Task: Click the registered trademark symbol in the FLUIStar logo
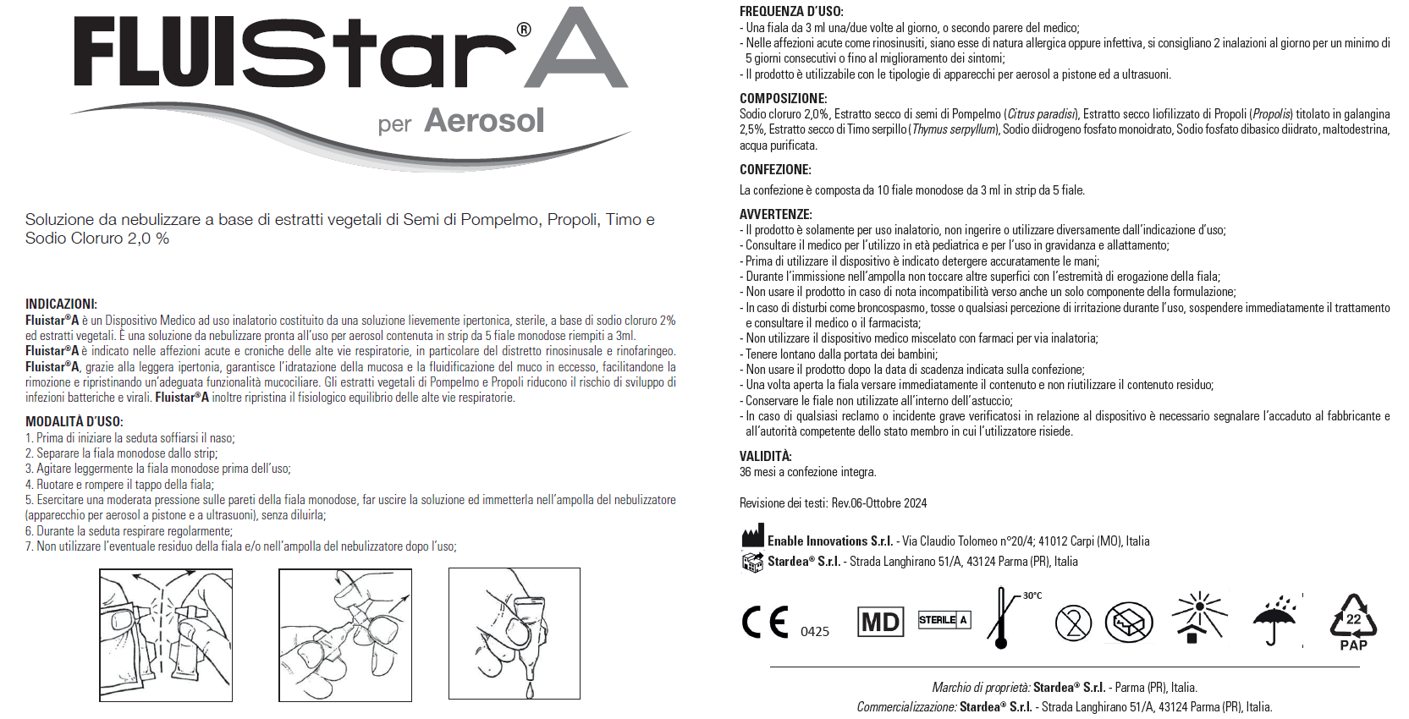pyautogui.click(x=524, y=30)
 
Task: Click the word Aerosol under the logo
pyautogui.click(x=484, y=121)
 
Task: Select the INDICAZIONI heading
pyautogui.click(x=61, y=305)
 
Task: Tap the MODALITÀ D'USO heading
pyautogui.click(x=74, y=421)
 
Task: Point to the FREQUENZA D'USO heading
pyautogui.click(x=791, y=12)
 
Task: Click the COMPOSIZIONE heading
pyautogui.click(x=783, y=98)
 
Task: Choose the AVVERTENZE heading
pyautogui.click(x=775, y=215)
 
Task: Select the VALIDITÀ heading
pyautogui.click(x=765, y=456)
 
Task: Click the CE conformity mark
pyautogui.click(x=765, y=622)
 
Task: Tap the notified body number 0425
pyautogui.click(x=815, y=632)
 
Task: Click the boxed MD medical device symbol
pyautogui.click(x=880, y=623)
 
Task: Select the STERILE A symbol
pyautogui.click(x=944, y=620)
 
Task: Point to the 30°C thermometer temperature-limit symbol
pyautogui.click(x=1004, y=618)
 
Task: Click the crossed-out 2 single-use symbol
pyautogui.click(x=1073, y=623)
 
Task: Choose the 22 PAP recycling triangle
pyautogui.click(x=1353, y=622)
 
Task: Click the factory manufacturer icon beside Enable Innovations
pyautogui.click(x=752, y=537)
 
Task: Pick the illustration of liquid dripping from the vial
pyautogui.click(x=515, y=634)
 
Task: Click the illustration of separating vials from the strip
pyautogui.click(x=166, y=635)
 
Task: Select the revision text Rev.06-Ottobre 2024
pyautogui.click(x=879, y=503)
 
